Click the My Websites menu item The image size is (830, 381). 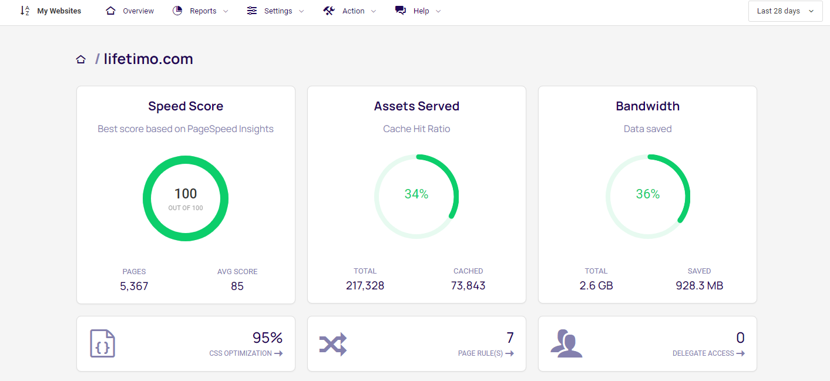pos(59,11)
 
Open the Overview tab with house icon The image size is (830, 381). pos(130,11)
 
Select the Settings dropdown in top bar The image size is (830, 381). pos(275,11)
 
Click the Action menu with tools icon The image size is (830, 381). pos(350,11)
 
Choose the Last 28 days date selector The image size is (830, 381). pos(785,11)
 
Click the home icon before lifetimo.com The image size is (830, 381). pos(81,59)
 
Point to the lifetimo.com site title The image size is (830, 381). pos(148,59)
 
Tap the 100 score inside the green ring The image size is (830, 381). pos(186,194)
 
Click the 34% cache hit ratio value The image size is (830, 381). pos(416,194)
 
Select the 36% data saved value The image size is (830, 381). pos(648,194)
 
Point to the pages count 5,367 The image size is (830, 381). pos(134,286)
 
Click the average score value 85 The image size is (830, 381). pos(237,286)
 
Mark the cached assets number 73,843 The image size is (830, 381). pos(468,286)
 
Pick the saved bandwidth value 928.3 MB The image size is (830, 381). pos(699,286)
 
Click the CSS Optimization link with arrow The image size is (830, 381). pos(246,353)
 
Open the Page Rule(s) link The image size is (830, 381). pos(486,353)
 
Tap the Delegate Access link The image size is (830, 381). pos(708,353)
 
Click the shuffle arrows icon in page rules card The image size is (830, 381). pos(333,344)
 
